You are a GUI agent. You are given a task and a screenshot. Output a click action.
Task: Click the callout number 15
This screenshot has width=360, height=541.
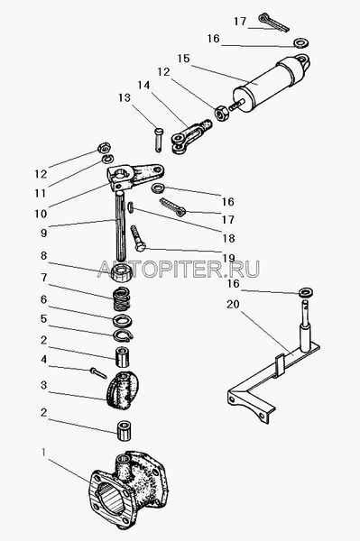point(184,59)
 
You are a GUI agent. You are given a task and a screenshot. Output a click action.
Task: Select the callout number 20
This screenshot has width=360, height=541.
point(233,305)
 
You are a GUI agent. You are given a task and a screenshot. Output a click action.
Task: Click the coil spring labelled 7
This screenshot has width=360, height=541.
point(123,298)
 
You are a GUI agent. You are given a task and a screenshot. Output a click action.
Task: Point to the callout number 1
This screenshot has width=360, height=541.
point(43,452)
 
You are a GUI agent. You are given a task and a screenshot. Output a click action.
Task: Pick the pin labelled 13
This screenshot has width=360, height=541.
point(159,139)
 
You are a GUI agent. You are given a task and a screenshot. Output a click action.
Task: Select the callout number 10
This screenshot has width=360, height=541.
point(41,214)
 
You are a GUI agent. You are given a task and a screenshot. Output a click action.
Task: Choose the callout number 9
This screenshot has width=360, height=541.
point(43,233)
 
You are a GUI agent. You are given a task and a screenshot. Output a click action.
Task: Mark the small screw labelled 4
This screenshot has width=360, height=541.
point(98,373)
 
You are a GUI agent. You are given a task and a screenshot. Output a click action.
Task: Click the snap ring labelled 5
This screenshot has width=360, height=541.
point(124,335)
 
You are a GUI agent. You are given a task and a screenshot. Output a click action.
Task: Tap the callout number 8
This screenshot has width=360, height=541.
point(43,256)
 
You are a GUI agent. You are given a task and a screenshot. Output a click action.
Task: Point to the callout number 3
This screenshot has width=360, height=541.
point(43,385)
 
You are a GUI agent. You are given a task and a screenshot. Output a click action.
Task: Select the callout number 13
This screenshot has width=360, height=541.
point(125,98)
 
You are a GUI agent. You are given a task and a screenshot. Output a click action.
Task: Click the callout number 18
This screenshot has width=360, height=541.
point(228,238)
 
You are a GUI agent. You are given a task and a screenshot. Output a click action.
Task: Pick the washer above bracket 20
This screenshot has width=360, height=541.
point(306,292)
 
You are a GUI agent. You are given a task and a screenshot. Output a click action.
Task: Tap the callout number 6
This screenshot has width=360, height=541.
point(43,299)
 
